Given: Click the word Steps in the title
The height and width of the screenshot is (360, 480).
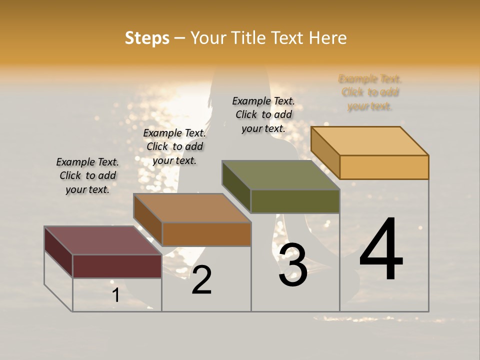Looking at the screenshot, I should coord(147,38).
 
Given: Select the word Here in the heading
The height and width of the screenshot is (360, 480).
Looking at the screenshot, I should coord(327,38).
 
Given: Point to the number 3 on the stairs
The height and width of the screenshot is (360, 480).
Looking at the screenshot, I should coord(292,265).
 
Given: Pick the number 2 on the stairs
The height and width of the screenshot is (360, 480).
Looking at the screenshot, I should coord(201,280).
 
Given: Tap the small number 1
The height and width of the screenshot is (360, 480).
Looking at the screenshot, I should coord(116,295).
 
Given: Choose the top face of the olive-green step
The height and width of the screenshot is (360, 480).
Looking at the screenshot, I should coord(280,175).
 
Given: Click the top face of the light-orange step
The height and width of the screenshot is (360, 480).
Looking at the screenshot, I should coord(369,140).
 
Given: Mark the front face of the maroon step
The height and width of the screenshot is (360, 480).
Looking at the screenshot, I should coord(117,266).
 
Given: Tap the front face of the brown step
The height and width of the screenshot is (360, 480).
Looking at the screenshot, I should coord(206,234).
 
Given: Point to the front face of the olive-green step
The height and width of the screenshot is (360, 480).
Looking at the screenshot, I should coord(295,201).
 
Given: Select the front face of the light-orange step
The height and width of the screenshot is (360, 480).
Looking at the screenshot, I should coord(384,167).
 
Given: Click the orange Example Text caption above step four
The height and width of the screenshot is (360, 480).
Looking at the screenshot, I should coord(370,92).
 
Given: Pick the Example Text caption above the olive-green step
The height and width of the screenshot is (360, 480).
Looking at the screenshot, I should coord(263,114).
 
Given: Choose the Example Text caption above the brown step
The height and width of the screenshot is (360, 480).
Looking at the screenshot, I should coord(174,146).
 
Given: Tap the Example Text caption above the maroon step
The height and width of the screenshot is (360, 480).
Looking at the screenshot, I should coord(87,175).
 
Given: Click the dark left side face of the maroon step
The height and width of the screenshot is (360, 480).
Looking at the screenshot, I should coord(58,252).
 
